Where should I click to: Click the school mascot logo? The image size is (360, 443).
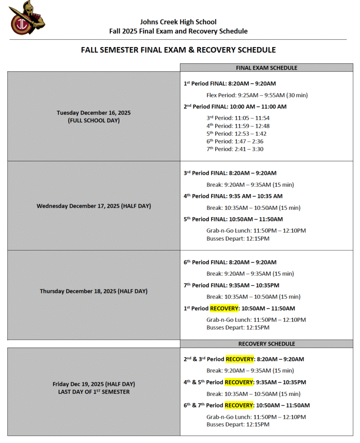click(x=27, y=18)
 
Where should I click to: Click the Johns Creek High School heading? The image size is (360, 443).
click(x=178, y=22)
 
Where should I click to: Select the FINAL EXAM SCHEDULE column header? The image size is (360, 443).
click(x=266, y=68)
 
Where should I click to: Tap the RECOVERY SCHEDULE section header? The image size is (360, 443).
click(x=266, y=344)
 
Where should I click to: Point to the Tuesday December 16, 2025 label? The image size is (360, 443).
click(x=93, y=112)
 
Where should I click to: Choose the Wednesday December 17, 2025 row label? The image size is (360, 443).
click(x=93, y=206)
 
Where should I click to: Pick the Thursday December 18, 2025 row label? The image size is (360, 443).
click(x=93, y=291)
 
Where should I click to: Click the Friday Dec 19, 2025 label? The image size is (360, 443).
click(x=93, y=384)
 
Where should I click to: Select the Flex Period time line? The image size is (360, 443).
click(x=257, y=95)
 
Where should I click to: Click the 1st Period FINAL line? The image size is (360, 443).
click(x=230, y=83)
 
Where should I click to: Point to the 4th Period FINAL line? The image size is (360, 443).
click(x=233, y=196)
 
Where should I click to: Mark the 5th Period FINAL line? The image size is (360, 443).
click(x=233, y=219)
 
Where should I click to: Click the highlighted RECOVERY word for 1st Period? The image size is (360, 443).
click(x=225, y=308)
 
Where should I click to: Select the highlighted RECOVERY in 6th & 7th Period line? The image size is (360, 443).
click(x=239, y=405)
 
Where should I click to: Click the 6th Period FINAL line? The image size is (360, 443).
click(x=230, y=262)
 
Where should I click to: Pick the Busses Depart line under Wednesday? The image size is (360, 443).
click(x=238, y=238)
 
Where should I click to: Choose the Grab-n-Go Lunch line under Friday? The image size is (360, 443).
click(x=256, y=417)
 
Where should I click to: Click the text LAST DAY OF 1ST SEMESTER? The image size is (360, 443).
click(x=93, y=392)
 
